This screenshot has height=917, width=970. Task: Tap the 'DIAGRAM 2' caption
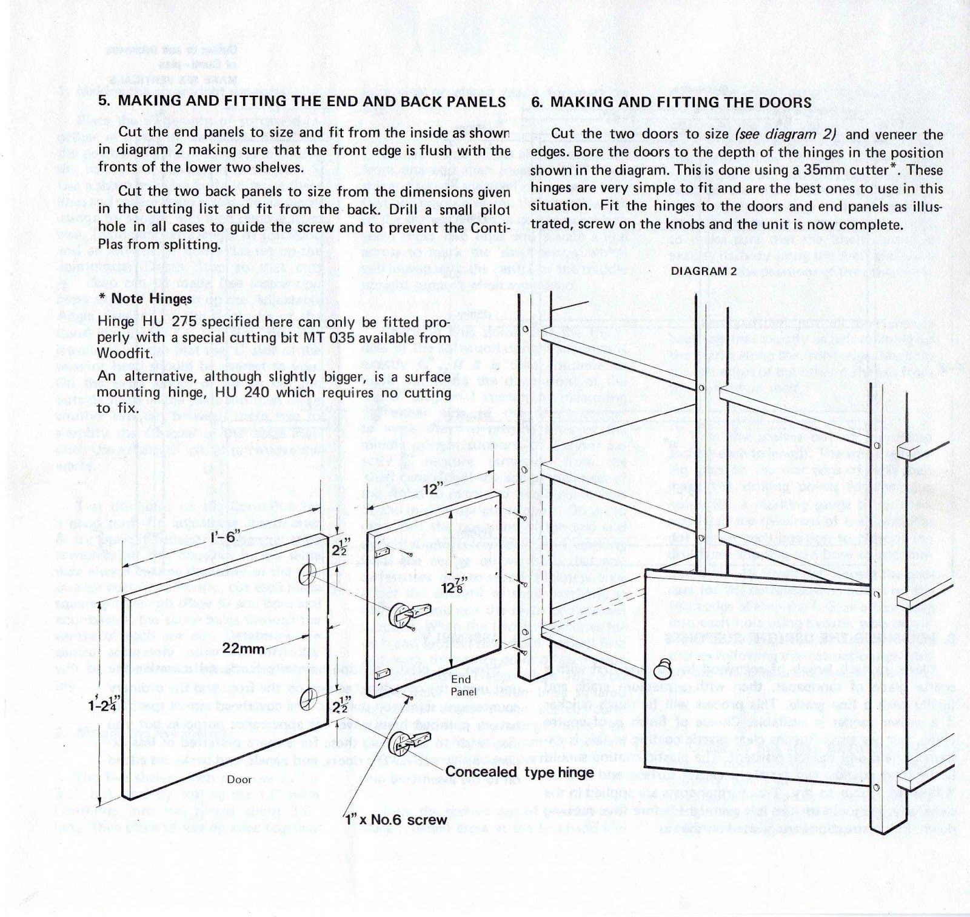point(703,271)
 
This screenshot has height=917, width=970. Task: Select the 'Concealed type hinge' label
point(520,772)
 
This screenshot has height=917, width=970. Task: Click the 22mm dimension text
point(242,648)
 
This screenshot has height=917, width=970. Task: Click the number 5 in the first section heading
point(102,101)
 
